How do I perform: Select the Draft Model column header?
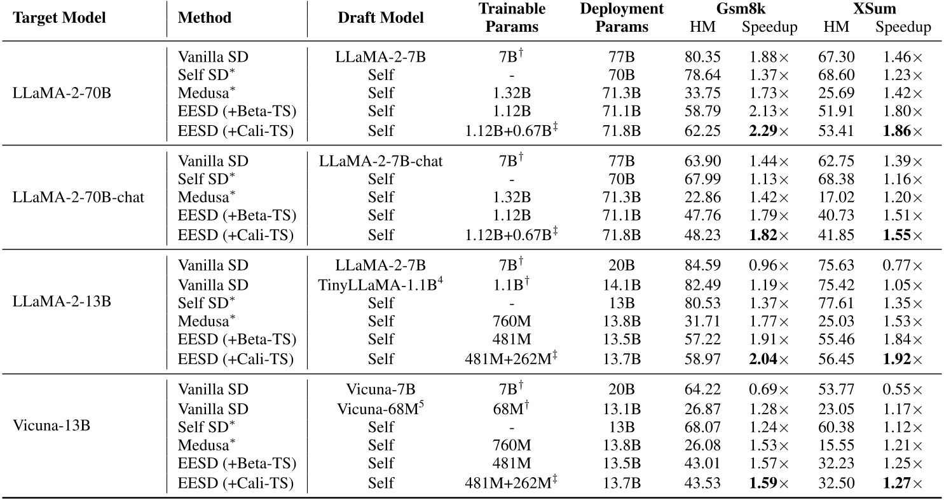(381, 18)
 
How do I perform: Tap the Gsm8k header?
(724, 10)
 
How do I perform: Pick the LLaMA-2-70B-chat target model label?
(78, 197)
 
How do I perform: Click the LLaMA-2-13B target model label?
(62, 301)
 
